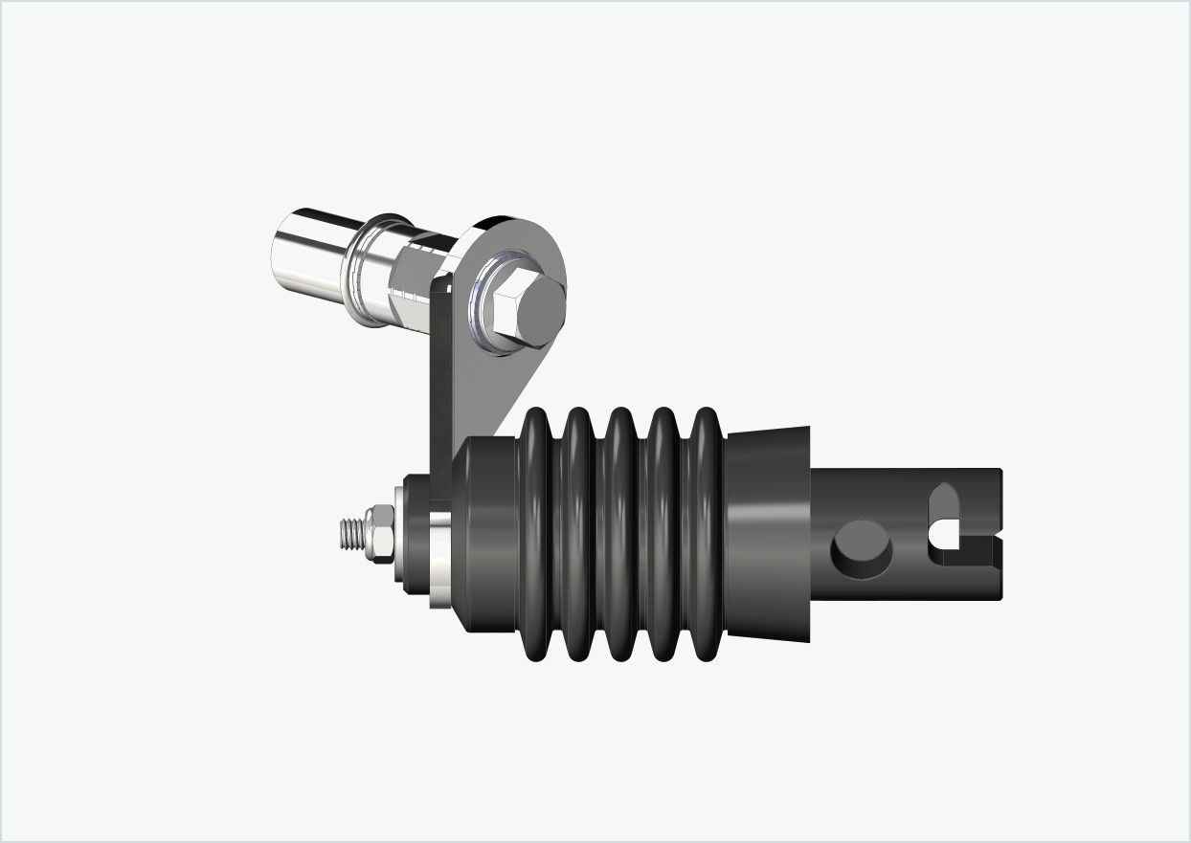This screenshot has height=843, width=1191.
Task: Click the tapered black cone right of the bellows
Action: [x=768, y=531]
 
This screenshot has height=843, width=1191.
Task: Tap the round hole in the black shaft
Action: [x=861, y=548]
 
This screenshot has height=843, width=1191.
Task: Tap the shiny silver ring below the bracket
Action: [x=439, y=559]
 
